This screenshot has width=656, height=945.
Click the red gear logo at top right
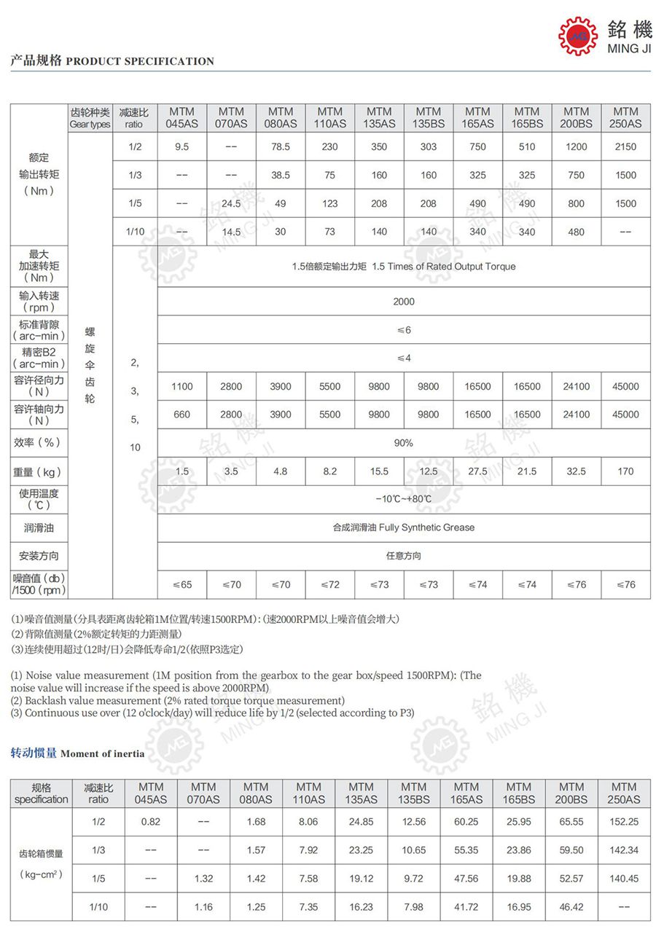[578, 35]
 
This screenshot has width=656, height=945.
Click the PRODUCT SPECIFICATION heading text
[140, 62]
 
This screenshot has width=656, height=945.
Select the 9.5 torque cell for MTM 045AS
[182, 146]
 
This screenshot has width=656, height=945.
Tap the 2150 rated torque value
[625, 146]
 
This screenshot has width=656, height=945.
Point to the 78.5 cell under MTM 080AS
[281, 146]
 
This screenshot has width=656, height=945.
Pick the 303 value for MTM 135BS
[429, 146]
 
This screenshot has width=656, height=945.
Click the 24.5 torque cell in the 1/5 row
[231, 204]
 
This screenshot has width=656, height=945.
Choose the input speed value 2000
[404, 302]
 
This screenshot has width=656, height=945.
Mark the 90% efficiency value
[404, 443]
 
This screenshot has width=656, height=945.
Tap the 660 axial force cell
[182, 415]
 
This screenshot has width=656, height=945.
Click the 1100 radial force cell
[182, 387]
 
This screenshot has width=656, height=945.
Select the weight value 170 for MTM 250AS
[625, 471]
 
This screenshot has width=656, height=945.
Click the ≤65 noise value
[182, 584]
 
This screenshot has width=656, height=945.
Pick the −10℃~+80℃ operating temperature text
[404, 499]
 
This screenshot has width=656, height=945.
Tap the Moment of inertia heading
[102, 753]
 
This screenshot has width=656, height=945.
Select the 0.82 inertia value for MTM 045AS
[151, 822]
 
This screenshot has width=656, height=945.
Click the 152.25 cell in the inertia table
[624, 822]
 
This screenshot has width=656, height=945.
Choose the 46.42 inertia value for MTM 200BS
[571, 907]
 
